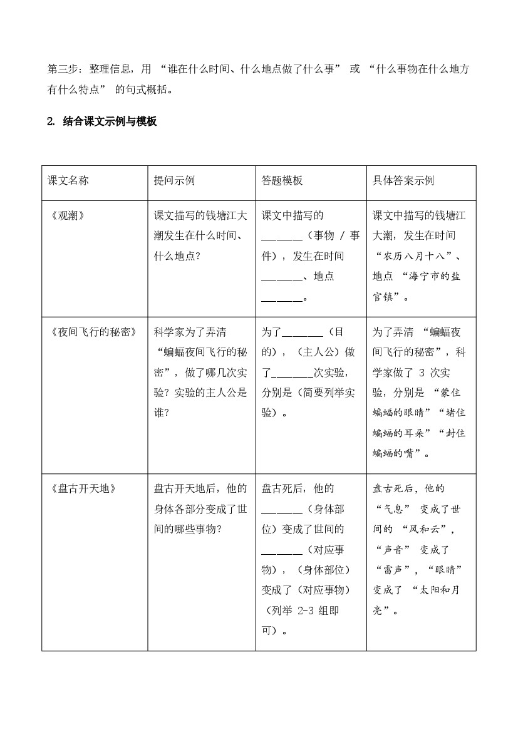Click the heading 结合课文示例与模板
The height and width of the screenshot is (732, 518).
click(x=110, y=121)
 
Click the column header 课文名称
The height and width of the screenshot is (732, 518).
click(x=68, y=180)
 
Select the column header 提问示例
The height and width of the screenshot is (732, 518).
click(x=174, y=180)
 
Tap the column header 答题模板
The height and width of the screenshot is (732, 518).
click(x=282, y=180)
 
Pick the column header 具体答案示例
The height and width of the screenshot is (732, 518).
click(x=403, y=180)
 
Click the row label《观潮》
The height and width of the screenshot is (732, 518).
click(x=66, y=216)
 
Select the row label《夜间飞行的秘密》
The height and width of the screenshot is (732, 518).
click(x=93, y=332)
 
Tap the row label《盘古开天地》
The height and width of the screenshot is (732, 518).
click(x=82, y=488)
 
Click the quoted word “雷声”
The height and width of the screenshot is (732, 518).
click(x=397, y=569)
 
